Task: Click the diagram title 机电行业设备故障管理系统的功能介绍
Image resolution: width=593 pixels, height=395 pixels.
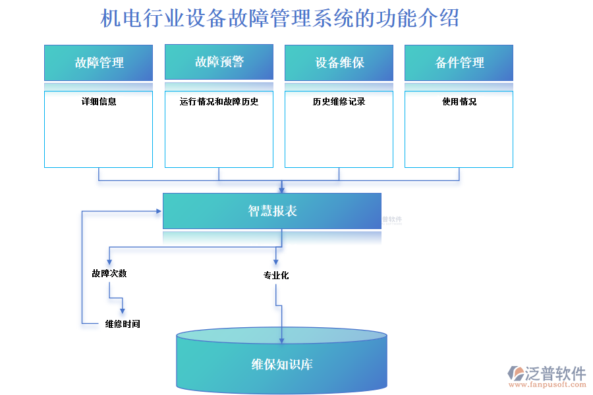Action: [279, 18]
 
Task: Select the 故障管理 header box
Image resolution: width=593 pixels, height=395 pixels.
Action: [99, 63]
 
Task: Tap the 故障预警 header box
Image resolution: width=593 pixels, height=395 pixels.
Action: [219, 62]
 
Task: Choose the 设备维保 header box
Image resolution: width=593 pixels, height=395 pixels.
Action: [339, 63]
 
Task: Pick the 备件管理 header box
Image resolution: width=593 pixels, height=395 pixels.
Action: [459, 63]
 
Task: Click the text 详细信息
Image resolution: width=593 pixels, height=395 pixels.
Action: [99, 102]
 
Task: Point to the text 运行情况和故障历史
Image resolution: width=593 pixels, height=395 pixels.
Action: [219, 102]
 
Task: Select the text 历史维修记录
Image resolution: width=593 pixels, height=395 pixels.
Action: [339, 102]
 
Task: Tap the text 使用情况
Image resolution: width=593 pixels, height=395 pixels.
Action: [459, 102]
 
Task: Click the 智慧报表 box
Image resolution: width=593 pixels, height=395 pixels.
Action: [272, 211]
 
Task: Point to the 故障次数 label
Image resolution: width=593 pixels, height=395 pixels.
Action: [109, 273]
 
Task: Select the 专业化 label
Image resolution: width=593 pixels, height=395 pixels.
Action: [276, 275]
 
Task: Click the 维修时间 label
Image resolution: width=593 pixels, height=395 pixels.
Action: [123, 324]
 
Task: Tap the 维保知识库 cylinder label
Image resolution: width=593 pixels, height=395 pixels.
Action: [282, 364]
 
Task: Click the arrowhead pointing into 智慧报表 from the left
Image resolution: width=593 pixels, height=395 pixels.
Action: [159, 211]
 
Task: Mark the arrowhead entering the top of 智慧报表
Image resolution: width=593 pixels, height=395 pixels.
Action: [282, 189]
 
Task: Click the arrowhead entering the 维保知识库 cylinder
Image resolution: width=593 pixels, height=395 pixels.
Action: [282, 340]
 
